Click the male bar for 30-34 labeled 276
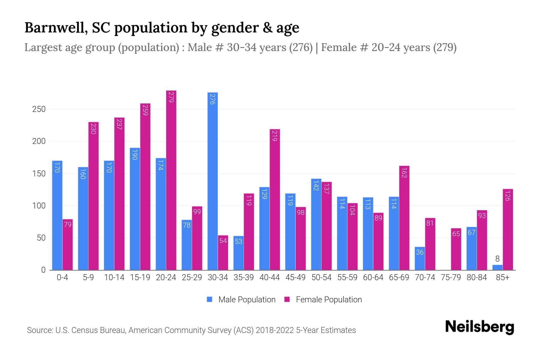click(x=212, y=181)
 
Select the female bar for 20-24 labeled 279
click(x=171, y=180)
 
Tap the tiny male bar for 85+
click(x=497, y=267)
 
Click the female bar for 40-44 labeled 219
click(x=275, y=199)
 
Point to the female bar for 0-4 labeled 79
click(x=67, y=244)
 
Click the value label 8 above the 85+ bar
click(x=497, y=259)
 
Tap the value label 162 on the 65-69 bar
click(x=404, y=173)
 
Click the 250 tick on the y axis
click(x=39, y=109)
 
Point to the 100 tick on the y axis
click(x=39, y=206)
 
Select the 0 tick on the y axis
click(x=43, y=270)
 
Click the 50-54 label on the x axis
click(x=321, y=277)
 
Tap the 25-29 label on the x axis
click(x=192, y=277)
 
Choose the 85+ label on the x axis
click(x=502, y=277)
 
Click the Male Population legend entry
click(x=241, y=300)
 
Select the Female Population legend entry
click(x=323, y=300)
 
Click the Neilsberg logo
click(x=479, y=327)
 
